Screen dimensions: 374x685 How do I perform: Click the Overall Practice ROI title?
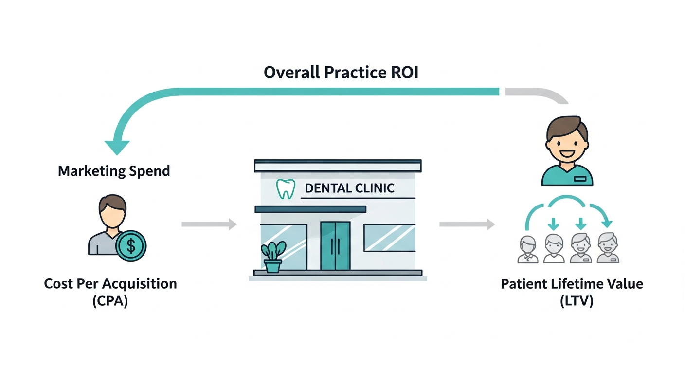tap(341, 73)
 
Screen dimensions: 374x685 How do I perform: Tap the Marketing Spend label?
tap(114, 171)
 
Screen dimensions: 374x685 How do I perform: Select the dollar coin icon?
tap(131, 245)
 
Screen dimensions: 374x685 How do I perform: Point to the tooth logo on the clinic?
tap(286, 189)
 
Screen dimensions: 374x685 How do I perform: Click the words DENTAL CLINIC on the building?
tap(349, 188)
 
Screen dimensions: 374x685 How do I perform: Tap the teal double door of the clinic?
tap(335, 245)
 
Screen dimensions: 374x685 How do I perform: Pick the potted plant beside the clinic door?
tap(273, 257)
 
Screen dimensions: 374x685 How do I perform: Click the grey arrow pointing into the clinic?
tap(209, 224)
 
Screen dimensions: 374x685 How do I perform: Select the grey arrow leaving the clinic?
tap(467, 224)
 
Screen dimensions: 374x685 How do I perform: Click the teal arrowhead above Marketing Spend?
tap(117, 146)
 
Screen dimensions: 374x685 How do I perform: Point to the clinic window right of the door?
tap(389, 238)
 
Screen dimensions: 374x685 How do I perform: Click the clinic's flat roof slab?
tap(338, 166)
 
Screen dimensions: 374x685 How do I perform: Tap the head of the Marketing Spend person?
tap(112, 210)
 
